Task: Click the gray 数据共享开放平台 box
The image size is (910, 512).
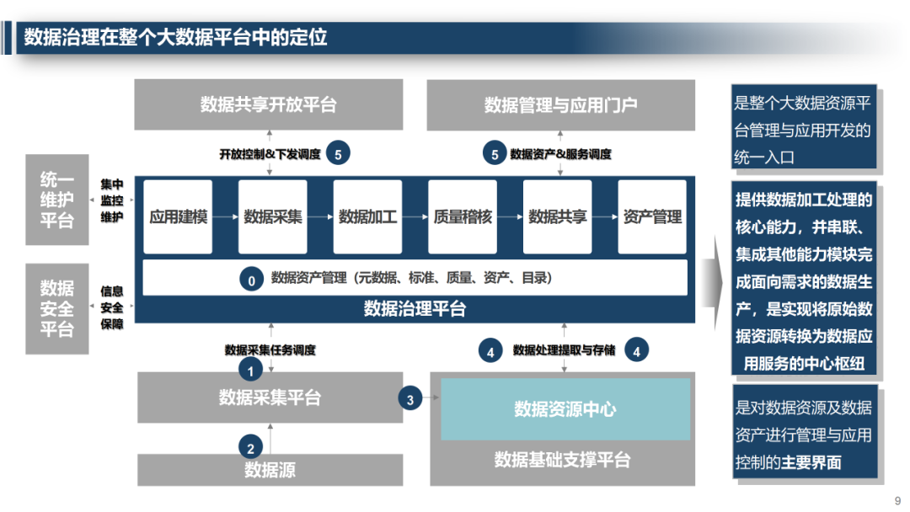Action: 269,104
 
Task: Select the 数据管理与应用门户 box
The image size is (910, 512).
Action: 561,104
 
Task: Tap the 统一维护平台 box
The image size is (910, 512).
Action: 57,200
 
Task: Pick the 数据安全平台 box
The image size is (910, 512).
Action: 57,308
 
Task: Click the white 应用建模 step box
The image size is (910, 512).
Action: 178,216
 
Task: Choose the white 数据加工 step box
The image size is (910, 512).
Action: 367,216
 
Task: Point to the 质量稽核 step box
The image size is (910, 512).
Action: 463,216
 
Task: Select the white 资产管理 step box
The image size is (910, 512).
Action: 652,216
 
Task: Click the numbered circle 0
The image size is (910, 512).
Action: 251,279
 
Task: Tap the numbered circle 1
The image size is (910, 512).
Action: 249,368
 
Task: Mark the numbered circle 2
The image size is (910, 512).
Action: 249,447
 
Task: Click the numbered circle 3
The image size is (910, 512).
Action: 410,399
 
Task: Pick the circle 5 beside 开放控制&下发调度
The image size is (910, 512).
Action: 338,153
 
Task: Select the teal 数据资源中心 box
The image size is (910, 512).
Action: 565,409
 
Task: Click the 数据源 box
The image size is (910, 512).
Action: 270,469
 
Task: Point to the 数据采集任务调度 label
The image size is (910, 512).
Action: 270,349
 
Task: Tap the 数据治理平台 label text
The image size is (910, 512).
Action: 415,309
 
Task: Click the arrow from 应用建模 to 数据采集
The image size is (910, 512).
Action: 225,216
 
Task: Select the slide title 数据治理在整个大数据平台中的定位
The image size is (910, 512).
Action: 175,38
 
